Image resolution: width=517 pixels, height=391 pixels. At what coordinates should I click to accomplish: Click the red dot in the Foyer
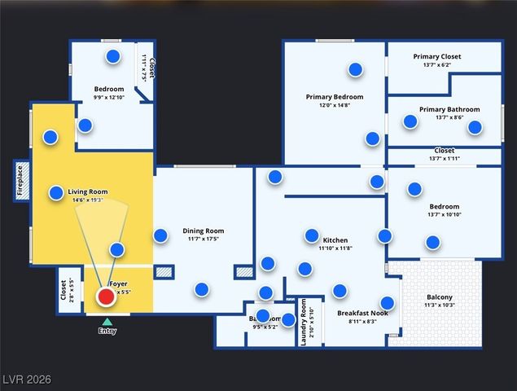coord(106,297)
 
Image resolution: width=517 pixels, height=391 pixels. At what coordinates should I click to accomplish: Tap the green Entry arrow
coord(107,323)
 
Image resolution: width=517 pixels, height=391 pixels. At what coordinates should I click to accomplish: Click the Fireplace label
coord(20,181)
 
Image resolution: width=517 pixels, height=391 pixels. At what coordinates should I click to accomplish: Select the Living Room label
coord(88,191)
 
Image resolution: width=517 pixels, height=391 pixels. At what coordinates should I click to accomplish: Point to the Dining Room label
coord(203,231)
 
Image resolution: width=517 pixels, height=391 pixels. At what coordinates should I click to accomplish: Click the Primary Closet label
coord(436,56)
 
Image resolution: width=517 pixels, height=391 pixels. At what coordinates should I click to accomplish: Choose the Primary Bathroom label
coord(449,109)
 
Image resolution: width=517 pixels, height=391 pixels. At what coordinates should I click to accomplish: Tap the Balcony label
coord(440,297)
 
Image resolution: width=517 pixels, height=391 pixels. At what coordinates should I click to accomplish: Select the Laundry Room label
coord(304,319)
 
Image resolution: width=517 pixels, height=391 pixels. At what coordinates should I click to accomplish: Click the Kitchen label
coord(335,240)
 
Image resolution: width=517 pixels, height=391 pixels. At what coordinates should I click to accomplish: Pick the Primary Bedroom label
coord(335,97)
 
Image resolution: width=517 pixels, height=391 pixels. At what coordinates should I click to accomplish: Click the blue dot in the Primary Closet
coord(355,69)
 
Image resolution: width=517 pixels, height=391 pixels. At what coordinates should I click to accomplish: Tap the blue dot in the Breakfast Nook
coord(388,303)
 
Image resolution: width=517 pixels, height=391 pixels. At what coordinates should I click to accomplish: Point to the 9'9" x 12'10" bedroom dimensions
coord(108,97)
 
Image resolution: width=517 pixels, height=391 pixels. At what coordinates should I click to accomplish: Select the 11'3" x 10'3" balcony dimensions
coord(440,305)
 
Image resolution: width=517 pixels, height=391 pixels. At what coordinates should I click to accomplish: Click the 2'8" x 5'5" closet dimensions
coord(71,291)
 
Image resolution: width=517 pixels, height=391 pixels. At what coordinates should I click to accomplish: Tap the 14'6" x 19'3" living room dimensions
coord(88,200)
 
